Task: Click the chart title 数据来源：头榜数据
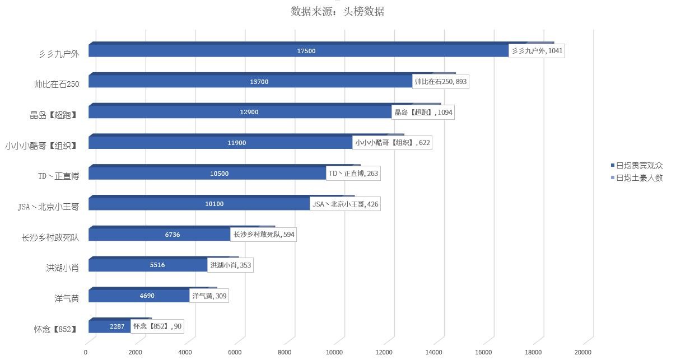[x=337, y=11]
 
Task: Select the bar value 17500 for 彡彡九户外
[x=306, y=51]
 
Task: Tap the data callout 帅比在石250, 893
[x=440, y=82]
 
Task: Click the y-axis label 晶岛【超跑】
[x=53, y=115]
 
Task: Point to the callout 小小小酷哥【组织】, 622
[x=392, y=143]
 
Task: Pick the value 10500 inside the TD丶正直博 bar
[x=219, y=174]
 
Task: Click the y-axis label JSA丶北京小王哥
[x=48, y=207]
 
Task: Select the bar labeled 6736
[x=172, y=235]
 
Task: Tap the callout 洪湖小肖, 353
[x=230, y=265]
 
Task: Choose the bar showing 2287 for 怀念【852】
[x=117, y=326]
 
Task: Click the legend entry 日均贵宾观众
[x=638, y=166]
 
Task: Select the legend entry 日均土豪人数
[x=638, y=178]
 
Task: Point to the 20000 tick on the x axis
[x=583, y=352]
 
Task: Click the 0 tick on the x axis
[x=86, y=352]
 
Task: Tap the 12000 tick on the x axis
[x=384, y=352]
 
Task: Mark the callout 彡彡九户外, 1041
[x=537, y=51]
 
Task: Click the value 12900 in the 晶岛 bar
[x=249, y=112]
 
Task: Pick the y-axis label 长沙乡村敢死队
[x=50, y=238]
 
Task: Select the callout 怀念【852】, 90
[x=157, y=326]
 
